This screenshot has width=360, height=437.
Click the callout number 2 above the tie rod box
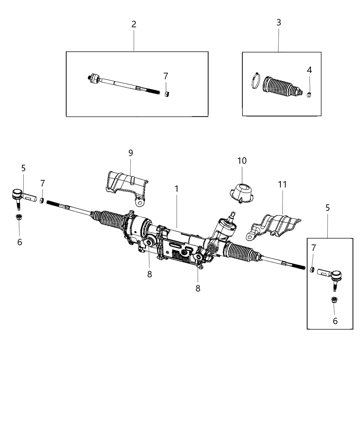tap(134, 24)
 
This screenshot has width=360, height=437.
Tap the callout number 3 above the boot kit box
tap(278, 23)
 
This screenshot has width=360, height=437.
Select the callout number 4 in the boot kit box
tap(309, 70)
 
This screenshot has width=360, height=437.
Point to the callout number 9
tap(131, 153)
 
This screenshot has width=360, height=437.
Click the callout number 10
tap(242, 160)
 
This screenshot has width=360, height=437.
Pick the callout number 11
tap(282, 184)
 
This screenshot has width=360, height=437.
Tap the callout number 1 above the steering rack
tap(177, 189)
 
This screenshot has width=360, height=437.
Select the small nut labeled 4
tap(309, 95)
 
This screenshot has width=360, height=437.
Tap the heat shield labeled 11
tap(276, 226)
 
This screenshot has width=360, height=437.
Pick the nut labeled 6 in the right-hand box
tap(334, 300)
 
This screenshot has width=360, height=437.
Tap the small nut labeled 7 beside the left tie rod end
tap(41, 200)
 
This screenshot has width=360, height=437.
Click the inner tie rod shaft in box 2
tap(123, 84)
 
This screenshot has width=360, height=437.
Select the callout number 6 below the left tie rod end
tap(20, 242)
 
